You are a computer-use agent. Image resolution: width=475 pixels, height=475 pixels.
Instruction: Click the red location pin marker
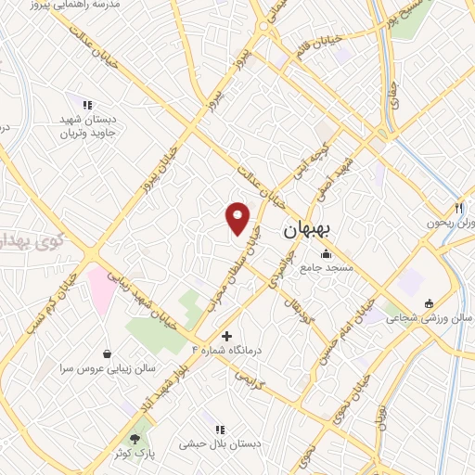[x=238, y=218]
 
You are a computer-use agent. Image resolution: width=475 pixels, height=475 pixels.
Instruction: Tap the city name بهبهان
[x=312, y=228]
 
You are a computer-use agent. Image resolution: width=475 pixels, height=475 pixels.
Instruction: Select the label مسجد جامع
[x=322, y=268]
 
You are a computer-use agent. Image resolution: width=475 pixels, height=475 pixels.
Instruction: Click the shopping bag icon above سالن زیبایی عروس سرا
[x=109, y=353]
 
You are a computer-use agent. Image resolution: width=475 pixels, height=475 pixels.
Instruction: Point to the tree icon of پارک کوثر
[x=136, y=436]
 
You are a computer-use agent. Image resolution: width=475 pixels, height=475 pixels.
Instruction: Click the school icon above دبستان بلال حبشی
[x=220, y=430]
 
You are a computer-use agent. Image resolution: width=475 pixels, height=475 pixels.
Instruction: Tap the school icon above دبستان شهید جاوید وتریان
[x=87, y=105]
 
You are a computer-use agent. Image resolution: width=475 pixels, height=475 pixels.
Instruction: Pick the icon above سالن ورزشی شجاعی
[x=428, y=303]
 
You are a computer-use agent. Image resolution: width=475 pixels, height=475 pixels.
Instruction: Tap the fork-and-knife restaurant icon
[x=458, y=208]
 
